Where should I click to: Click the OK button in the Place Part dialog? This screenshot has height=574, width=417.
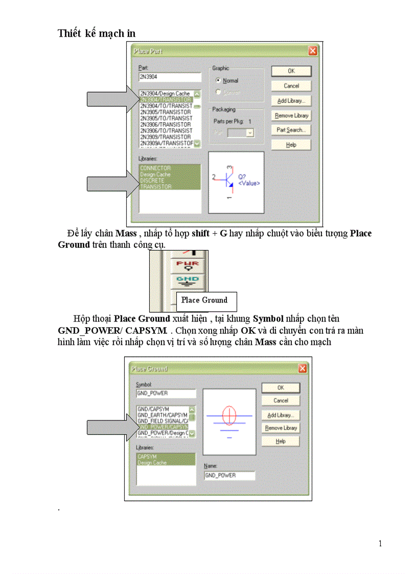291,71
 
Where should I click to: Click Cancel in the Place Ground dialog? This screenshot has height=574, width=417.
281,401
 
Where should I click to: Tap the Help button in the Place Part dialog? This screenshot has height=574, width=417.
291,145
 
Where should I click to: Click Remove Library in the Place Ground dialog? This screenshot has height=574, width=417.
281,428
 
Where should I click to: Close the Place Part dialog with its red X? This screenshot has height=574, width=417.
312,51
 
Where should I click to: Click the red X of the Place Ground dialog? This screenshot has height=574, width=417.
303,369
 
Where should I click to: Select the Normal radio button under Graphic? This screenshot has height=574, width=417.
219,81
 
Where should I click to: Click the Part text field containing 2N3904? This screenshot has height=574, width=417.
170,77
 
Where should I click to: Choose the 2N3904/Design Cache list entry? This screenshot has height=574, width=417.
165,94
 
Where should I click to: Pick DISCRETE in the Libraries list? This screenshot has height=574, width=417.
152,180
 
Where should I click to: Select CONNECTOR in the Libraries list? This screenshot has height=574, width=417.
155,168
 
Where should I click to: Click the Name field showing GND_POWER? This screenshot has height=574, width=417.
229,475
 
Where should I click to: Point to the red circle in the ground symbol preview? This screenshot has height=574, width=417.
229,415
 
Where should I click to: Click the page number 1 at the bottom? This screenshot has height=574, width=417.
380,543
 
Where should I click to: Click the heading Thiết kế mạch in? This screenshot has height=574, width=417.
97,33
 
